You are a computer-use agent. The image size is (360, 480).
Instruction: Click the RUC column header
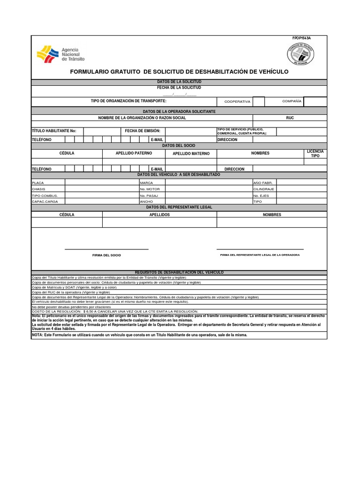pos(290,118)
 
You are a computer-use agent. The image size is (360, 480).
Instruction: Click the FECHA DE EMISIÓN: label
pos(142,131)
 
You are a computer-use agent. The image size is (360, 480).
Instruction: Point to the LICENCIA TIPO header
pos(315,153)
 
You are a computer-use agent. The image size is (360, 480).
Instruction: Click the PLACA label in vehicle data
pos(37,182)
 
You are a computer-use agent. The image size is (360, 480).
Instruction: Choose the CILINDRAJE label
pos(263,189)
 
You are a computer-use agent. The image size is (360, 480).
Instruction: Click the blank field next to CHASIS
pos(102,189)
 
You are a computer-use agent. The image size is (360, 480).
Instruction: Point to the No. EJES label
pos(262,195)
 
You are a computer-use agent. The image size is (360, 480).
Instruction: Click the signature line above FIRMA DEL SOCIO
pos(106,249)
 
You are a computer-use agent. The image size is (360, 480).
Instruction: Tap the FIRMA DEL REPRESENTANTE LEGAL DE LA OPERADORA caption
pos(260,255)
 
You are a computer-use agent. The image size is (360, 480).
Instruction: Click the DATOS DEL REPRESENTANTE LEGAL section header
pos(179,207)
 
